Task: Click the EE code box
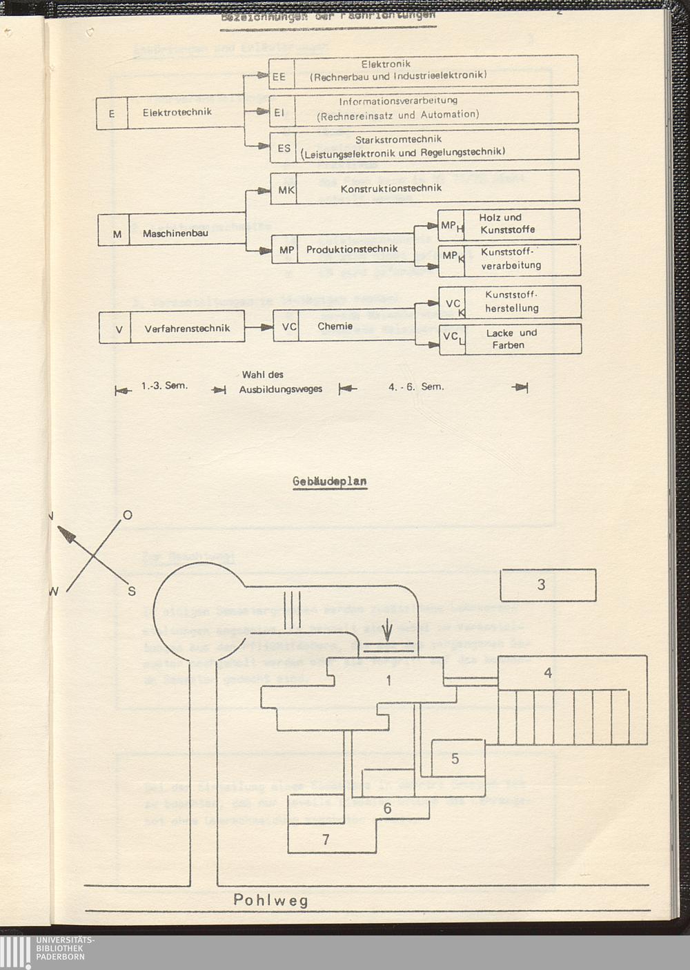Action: click(279, 77)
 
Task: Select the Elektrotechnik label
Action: click(177, 113)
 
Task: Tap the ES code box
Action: click(284, 148)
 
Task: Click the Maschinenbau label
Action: click(175, 234)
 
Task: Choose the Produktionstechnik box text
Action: click(352, 249)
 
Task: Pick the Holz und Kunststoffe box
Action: click(508, 224)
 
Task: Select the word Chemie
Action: click(335, 327)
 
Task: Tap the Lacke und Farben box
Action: click(511, 339)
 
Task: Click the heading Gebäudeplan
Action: click(330, 481)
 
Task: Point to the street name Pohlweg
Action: click(270, 900)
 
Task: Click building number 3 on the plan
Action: click(542, 585)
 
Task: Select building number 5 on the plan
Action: click(455, 759)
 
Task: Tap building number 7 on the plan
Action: click(326, 840)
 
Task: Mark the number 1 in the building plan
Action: click(388, 681)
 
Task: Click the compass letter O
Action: click(127, 515)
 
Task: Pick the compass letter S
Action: click(132, 591)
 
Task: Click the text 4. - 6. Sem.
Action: click(416, 387)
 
